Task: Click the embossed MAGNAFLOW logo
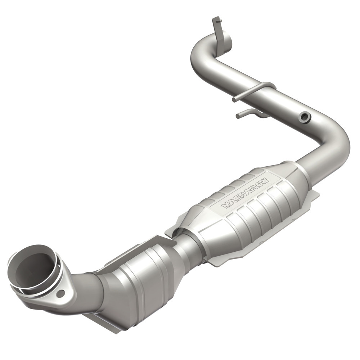[x=245, y=193]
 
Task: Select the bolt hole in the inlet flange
[x=60, y=293]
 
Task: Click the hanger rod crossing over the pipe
[x=252, y=90]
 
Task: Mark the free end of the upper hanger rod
[x=234, y=99]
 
